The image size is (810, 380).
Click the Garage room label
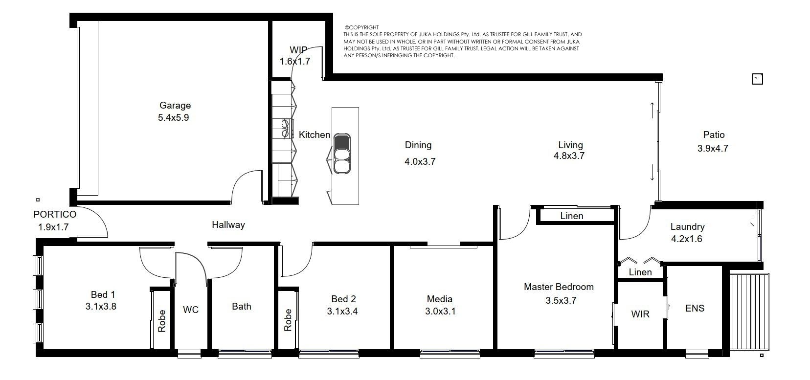click(175, 105)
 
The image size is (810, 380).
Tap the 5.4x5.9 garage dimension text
click(174, 117)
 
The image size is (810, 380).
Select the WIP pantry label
click(298, 50)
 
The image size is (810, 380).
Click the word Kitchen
click(314, 134)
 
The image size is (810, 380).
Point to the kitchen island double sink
click(342, 154)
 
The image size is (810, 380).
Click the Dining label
click(418, 145)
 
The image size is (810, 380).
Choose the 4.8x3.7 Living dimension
click(569, 156)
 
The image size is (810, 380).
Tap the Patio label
click(714, 134)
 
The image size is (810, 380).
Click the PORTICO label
click(55, 214)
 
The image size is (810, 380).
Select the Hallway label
click(228, 225)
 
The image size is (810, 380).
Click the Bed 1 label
click(103, 294)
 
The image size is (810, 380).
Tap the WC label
click(191, 310)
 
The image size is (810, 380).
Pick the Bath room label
click(242, 306)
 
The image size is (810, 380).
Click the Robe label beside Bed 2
click(288, 320)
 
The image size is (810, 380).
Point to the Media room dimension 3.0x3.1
click(440, 312)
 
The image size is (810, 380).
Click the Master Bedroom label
click(559, 287)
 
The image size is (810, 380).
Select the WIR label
click(640, 314)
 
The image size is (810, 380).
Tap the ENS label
click(695, 308)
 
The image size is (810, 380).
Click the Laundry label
click(687, 227)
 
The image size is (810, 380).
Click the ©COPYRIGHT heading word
click(361, 27)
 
